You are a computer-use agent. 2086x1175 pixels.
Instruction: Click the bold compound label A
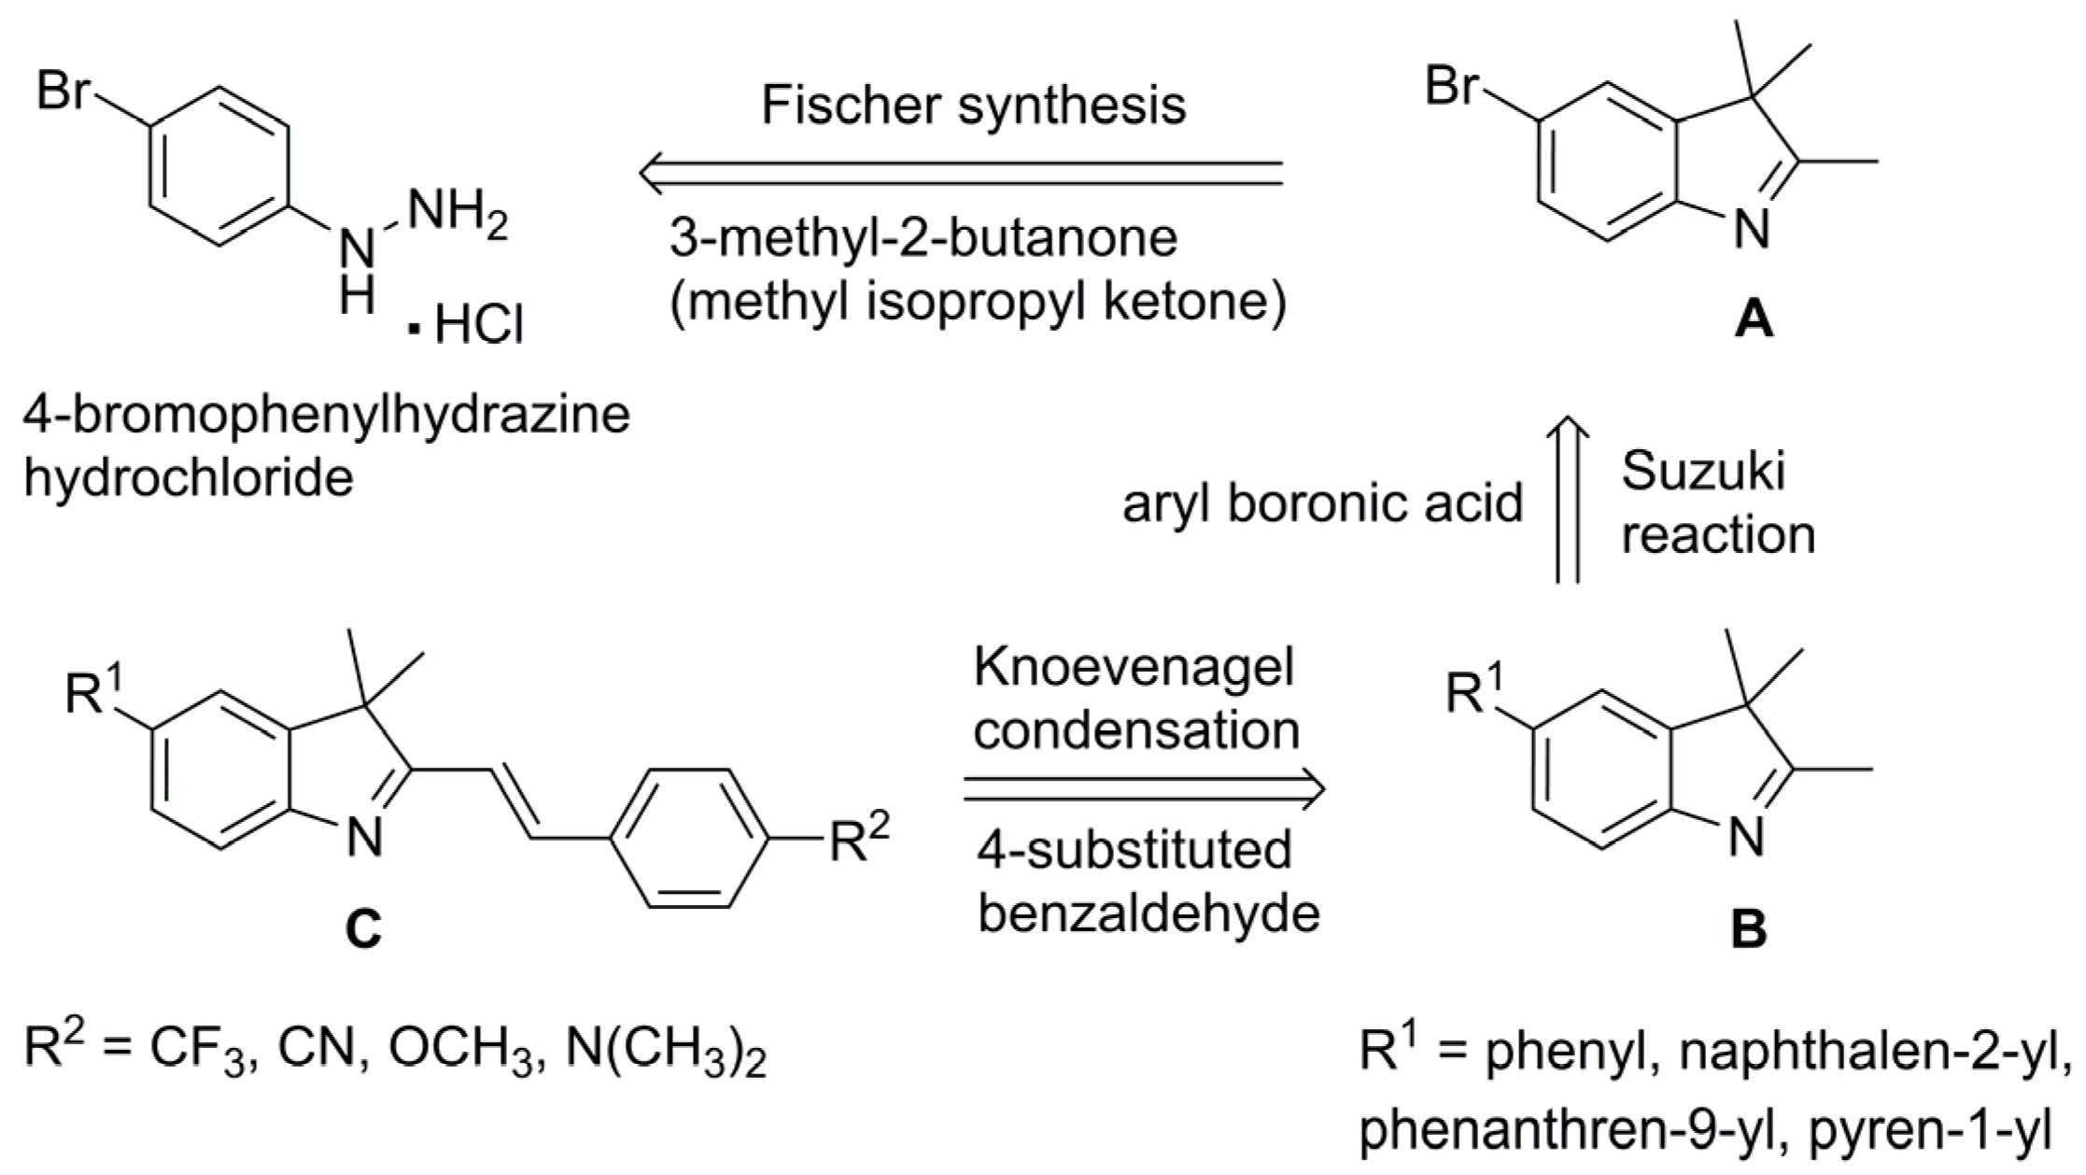click(1753, 322)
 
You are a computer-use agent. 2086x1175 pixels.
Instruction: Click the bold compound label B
click(1748, 930)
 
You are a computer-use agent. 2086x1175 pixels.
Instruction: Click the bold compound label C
click(363, 928)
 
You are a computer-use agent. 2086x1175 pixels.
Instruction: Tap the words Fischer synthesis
click(973, 105)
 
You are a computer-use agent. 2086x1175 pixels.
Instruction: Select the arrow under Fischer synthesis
click(962, 173)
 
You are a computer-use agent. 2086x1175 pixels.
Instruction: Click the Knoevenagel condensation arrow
click(1143, 789)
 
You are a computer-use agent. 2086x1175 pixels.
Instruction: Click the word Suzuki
click(1702, 471)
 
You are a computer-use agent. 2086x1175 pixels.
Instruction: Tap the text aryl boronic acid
click(1322, 504)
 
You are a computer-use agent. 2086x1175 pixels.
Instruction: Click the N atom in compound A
click(1752, 230)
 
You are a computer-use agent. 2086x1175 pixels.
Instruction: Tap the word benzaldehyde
click(1149, 913)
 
